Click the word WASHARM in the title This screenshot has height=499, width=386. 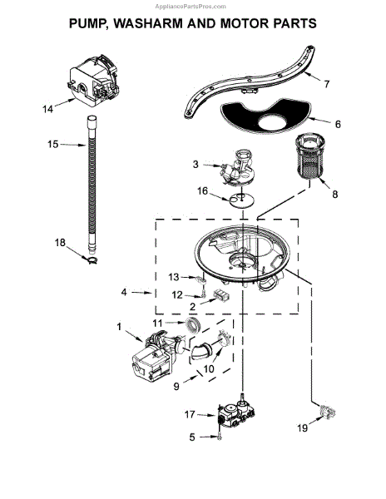[148, 23]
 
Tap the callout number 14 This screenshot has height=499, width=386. [47, 110]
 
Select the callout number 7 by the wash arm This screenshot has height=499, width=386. [327, 84]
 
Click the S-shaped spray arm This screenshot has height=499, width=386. [248, 83]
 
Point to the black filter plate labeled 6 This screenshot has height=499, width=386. [265, 116]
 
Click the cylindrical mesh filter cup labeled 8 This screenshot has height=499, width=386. [308, 157]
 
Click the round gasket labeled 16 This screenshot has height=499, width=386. [242, 200]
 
